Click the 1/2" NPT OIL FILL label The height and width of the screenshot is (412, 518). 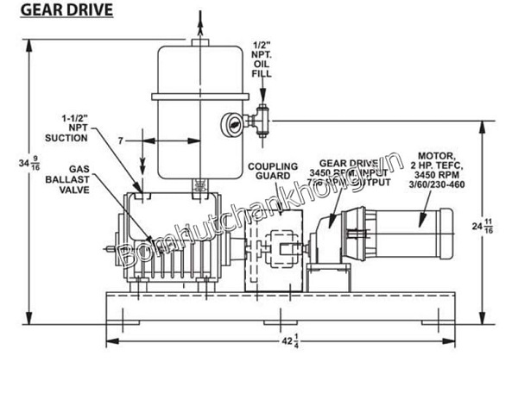[x=261, y=59]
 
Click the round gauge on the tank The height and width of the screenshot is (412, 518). [x=231, y=122]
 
